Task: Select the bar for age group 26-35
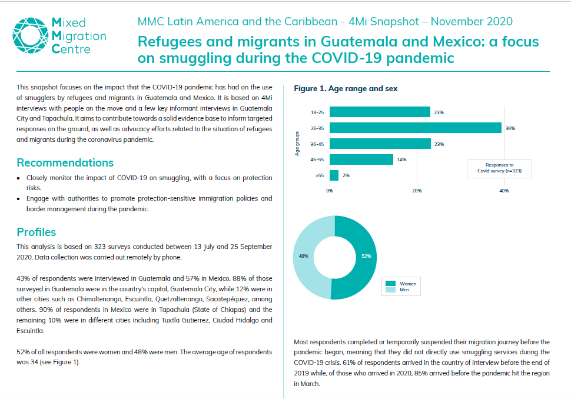(415, 128)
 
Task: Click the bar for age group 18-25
(380, 112)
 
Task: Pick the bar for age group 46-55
(361, 159)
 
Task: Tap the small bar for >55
(334, 175)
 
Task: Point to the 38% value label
(510, 128)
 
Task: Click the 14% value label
(401, 159)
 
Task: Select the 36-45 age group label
(317, 144)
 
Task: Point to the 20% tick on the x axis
(416, 191)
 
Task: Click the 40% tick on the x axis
(504, 191)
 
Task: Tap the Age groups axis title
(298, 144)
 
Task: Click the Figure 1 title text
(345, 89)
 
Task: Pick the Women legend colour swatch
(390, 284)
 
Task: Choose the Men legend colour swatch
(390, 290)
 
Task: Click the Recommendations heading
(65, 163)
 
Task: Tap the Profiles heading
(36, 232)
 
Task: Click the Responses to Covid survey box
(499, 169)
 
